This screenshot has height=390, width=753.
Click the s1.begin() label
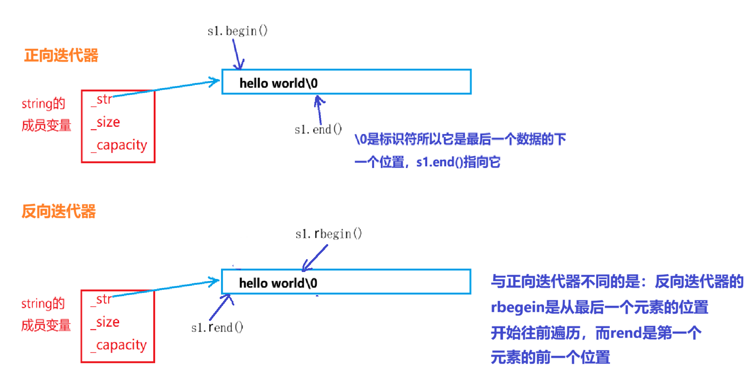click(237, 31)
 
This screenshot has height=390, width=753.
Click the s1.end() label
click(318, 129)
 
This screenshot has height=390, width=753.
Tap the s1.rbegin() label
click(328, 234)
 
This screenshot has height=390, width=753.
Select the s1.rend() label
click(217, 328)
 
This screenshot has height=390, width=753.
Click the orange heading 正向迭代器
click(61, 55)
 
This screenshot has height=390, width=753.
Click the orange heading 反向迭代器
click(59, 212)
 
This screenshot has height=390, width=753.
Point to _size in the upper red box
click(106, 122)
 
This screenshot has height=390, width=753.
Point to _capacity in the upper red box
click(119, 145)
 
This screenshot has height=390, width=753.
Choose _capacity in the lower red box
click(118, 345)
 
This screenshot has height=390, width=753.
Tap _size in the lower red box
click(105, 322)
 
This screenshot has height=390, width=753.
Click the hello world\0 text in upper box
click(278, 83)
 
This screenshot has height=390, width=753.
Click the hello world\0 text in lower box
click(278, 283)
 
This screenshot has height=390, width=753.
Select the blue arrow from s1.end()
click(319, 110)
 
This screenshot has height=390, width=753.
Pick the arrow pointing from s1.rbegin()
click(315, 258)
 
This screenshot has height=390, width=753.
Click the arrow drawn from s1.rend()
click(221, 307)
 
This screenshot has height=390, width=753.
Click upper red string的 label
click(43, 103)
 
